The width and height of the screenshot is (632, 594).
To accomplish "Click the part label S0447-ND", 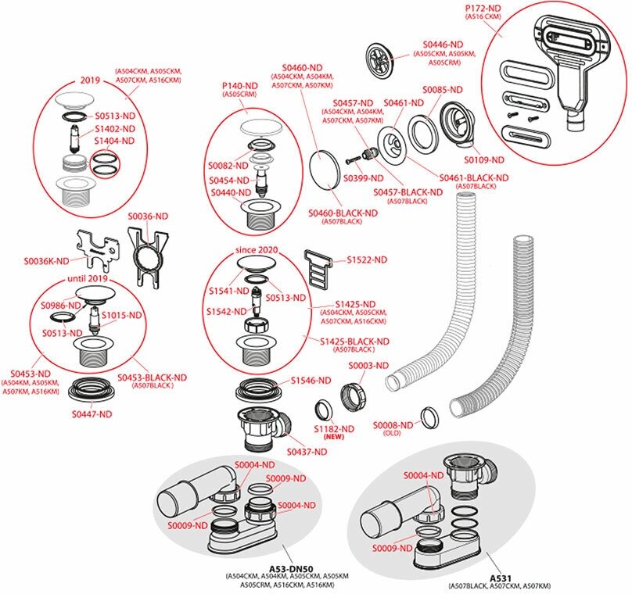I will [92, 413].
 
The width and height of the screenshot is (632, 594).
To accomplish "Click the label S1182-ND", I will [334, 428].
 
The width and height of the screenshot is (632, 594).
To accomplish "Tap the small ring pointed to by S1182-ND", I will [323, 410].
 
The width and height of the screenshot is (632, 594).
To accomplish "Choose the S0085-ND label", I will [443, 90].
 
